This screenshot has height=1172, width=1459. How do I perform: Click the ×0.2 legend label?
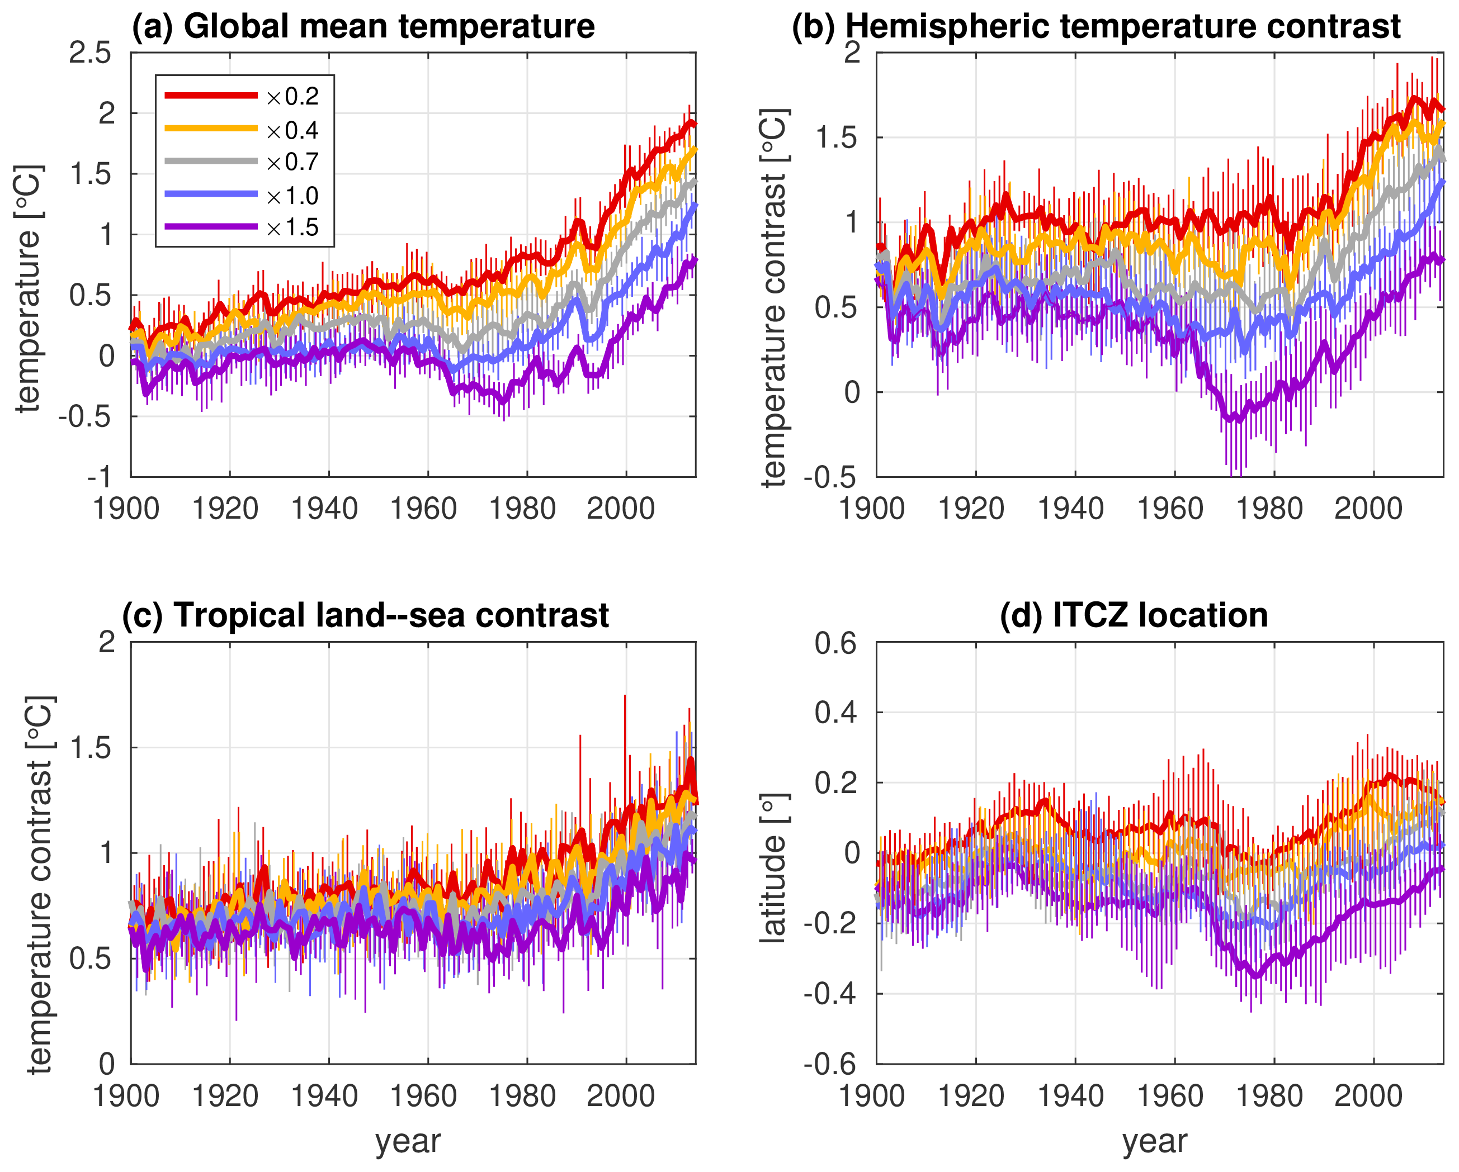(x=292, y=97)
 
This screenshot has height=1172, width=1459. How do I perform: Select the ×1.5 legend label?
(x=292, y=228)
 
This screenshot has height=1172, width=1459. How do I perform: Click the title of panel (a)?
(x=363, y=27)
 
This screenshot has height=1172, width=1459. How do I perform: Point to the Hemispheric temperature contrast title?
(x=1096, y=27)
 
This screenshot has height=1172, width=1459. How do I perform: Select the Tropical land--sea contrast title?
(x=365, y=615)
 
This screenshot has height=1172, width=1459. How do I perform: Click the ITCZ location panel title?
(x=1134, y=615)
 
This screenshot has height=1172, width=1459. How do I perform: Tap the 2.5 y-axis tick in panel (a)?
(x=90, y=54)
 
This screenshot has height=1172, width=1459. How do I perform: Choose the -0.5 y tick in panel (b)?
(x=832, y=477)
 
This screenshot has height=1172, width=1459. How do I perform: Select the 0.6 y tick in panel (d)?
(x=837, y=643)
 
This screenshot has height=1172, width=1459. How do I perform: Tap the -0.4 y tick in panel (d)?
(x=832, y=994)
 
